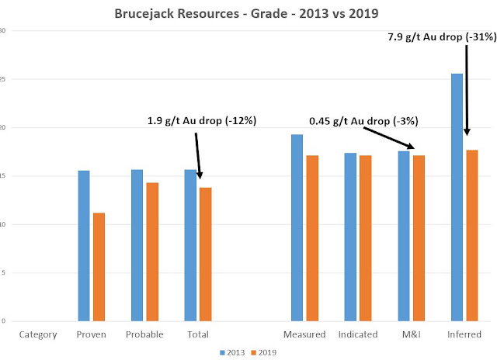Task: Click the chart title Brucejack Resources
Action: (x=176, y=14)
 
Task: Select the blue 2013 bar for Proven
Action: (x=84, y=246)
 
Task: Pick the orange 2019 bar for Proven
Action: (x=99, y=267)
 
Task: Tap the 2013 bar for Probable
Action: (x=137, y=245)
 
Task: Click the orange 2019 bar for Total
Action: (x=205, y=254)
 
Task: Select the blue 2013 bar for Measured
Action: (x=297, y=227)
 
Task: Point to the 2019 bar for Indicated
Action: (x=366, y=238)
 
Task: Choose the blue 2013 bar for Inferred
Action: (x=457, y=197)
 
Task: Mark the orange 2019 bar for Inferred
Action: (x=472, y=236)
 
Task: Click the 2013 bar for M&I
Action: (x=404, y=236)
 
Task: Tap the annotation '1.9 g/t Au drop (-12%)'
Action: (x=202, y=120)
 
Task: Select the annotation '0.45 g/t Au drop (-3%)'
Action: (x=363, y=121)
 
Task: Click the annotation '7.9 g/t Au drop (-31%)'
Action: (x=442, y=37)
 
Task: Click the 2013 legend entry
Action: (x=232, y=352)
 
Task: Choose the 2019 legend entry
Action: (x=264, y=352)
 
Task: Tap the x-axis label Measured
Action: (x=304, y=334)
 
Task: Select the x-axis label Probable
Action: (x=144, y=334)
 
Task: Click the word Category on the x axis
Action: (x=38, y=335)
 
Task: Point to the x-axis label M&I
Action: (x=411, y=334)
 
